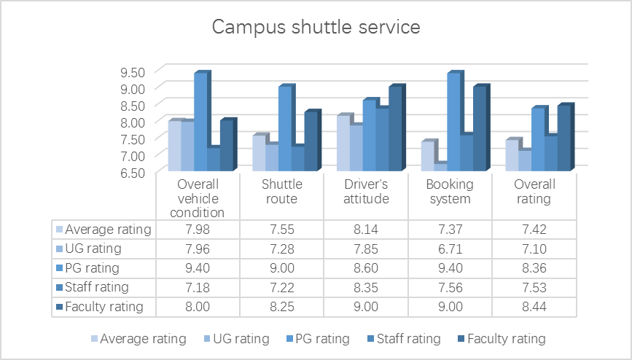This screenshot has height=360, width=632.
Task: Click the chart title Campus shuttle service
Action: tap(316, 28)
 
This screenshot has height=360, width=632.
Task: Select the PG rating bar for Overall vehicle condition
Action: tap(200, 122)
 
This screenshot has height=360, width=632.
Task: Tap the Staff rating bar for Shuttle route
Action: tap(297, 158)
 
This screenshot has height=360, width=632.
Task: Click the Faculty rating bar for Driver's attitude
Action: tap(395, 129)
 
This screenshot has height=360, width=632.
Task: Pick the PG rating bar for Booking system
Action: tap(453, 122)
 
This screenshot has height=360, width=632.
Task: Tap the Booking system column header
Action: tap(450, 192)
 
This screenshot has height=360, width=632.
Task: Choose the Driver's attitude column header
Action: tap(366, 192)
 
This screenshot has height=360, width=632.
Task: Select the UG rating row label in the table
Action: tap(93, 249)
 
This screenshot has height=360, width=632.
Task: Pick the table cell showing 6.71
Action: tap(450, 249)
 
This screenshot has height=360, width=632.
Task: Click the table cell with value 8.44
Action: tap(534, 306)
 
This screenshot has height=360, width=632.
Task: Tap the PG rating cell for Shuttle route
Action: tap(281, 267)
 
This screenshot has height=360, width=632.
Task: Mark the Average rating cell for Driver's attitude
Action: tap(366, 230)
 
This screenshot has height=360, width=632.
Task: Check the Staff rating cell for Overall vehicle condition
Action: tap(198, 286)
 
